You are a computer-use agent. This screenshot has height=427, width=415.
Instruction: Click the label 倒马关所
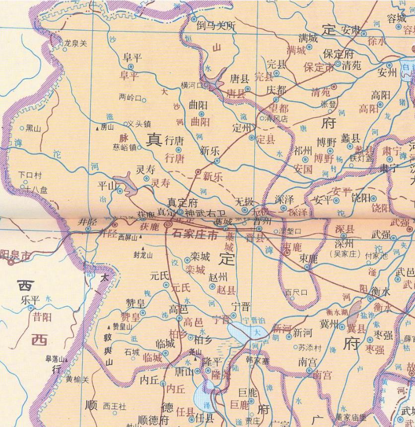pyautogui.click(x=216, y=25)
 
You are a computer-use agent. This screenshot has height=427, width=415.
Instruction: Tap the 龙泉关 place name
pyautogui.click(x=75, y=43)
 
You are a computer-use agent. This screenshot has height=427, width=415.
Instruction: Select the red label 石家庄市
pyautogui.click(x=195, y=234)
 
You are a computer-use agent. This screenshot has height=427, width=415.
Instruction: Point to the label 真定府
pyautogui.click(x=182, y=202)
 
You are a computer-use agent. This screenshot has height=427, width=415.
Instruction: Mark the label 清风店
pyautogui.click(x=277, y=119)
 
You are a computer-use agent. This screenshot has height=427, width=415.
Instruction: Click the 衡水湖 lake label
pyautogui.click(x=337, y=312)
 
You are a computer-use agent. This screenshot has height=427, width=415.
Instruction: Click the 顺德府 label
pyautogui.click(x=153, y=421)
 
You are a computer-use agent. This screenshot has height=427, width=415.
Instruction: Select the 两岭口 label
pyautogui.click(x=130, y=97)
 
